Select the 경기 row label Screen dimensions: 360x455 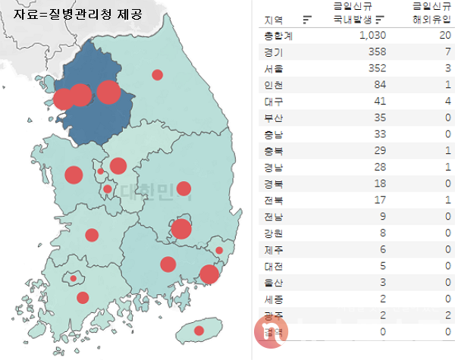pos(274,52)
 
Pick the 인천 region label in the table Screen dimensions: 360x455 pos(274,85)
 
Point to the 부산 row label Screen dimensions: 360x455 pos(274,118)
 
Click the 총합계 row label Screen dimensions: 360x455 pos(278,36)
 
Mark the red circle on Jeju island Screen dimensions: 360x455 pos(199,330)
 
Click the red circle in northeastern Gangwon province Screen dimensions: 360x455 pos(158,74)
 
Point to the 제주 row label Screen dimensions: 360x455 pos(274,250)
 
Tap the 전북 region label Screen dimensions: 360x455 pos(274,201)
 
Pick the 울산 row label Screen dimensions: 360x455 pos(274,283)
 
